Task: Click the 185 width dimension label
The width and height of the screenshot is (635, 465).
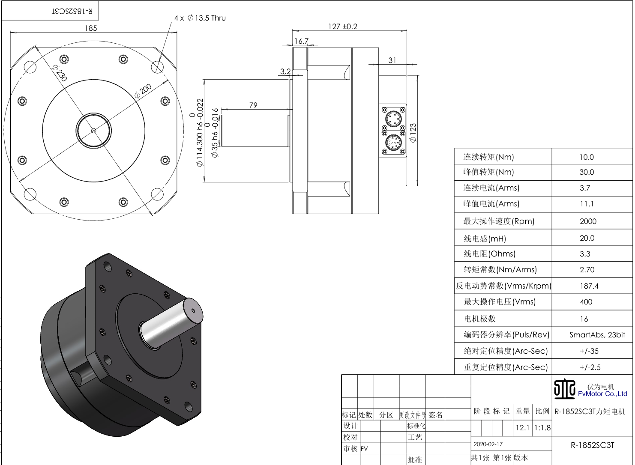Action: point(91,28)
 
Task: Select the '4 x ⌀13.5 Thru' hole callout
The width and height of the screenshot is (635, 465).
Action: point(200,18)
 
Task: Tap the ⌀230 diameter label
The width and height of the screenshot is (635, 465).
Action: point(60,73)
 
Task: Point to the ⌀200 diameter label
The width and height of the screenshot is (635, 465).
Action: point(143,91)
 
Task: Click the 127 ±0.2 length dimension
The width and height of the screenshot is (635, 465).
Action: point(342,27)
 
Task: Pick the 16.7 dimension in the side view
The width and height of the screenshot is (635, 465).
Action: point(301,41)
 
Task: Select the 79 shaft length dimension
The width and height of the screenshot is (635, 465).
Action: point(253,105)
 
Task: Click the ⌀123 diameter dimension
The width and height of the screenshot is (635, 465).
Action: point(413,133)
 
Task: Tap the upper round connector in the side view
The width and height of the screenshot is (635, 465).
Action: point(393,118)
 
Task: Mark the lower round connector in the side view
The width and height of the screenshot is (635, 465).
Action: point(393,143)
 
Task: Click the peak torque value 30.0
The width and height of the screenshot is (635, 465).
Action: point(587,172)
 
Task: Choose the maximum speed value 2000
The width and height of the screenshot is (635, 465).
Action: point(588,221)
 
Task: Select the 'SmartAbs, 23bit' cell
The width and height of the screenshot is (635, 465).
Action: point(597,335)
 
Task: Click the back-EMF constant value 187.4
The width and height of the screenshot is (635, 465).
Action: point(589,286)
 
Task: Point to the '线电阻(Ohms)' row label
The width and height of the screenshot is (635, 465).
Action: point(489,254)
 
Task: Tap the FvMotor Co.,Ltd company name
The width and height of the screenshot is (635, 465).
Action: point(602,394)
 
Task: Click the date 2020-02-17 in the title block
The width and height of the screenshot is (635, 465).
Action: point(488,444)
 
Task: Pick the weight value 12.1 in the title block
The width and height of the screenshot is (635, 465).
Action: point(522,427)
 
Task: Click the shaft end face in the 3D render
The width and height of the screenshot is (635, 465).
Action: point(193,310)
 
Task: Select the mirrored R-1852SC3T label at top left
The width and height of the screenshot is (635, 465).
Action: point(72,11)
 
